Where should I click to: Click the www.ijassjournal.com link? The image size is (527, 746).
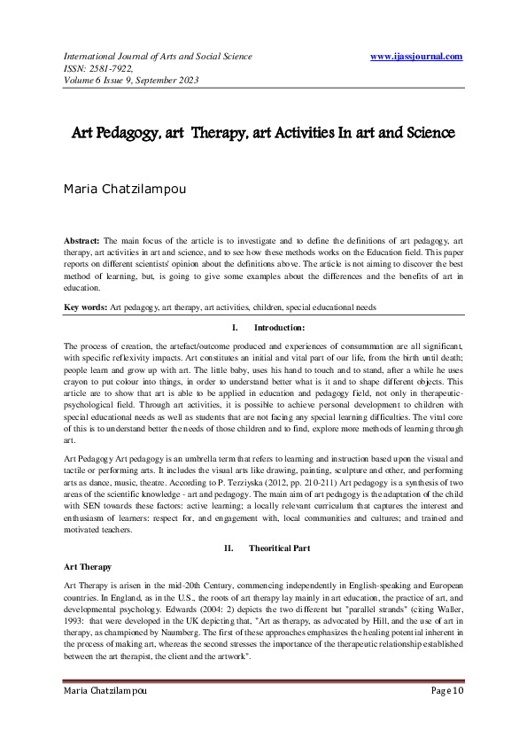(416, 57)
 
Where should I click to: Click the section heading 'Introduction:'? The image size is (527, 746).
(280, 328)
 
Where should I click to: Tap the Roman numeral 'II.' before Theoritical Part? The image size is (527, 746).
(229, 548)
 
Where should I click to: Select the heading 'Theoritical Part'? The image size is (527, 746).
(280, 548)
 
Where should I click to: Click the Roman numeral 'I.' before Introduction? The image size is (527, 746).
(233, 328)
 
